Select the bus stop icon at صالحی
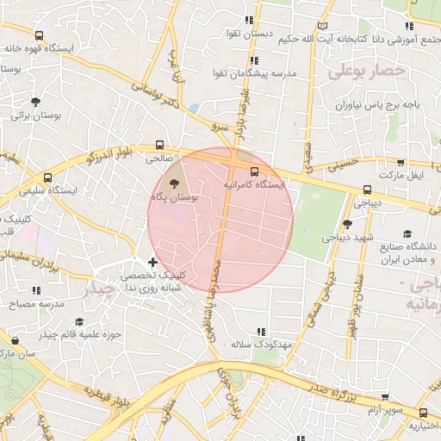(159, 146)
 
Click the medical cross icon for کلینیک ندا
(153, 262)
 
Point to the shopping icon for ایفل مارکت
(401, 162)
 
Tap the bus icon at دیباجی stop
(368, 190)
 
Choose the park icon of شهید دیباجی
(347, 224)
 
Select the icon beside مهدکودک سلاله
(261, 331)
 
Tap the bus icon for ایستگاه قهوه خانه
(39, 35)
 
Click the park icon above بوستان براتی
(34, 101)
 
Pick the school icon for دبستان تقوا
(249, 20)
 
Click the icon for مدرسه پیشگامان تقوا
(253, 60)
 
